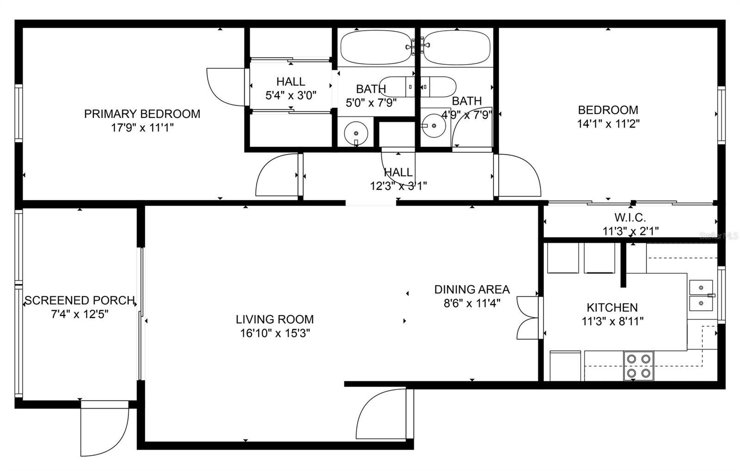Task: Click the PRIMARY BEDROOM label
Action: point(142,114)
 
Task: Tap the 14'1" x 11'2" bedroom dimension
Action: point(608,124)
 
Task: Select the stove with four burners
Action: point(638,366)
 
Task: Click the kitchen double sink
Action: point(701,296)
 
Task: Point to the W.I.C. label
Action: point(630,217)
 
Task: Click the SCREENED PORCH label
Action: point(80,300)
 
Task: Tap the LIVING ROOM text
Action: point(275,319)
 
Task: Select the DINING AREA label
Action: point(472,290)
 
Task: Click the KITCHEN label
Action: point(612,307)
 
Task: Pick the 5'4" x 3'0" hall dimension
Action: point(290,96)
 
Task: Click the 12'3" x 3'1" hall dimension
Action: point(398,186)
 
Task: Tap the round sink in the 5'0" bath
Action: point(356,133)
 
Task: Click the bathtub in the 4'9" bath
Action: point(457,48)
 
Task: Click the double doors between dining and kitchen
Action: point(528,318)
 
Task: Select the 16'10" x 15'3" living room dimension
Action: point(275,333)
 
